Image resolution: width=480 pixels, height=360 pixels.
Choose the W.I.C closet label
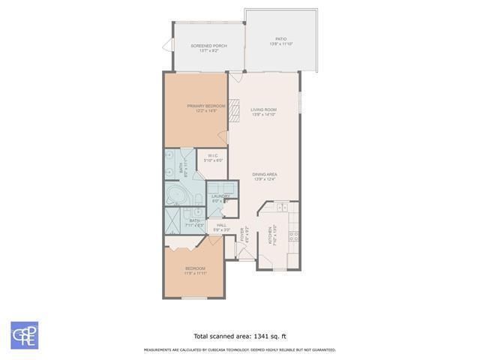(213, 157)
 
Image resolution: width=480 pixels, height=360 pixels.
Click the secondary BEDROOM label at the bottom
(195, 271)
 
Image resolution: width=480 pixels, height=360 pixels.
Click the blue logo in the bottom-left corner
(24, 335)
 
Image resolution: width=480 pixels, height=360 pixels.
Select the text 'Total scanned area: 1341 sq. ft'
(239, 336)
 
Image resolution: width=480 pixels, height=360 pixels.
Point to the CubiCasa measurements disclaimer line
(239, 349)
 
